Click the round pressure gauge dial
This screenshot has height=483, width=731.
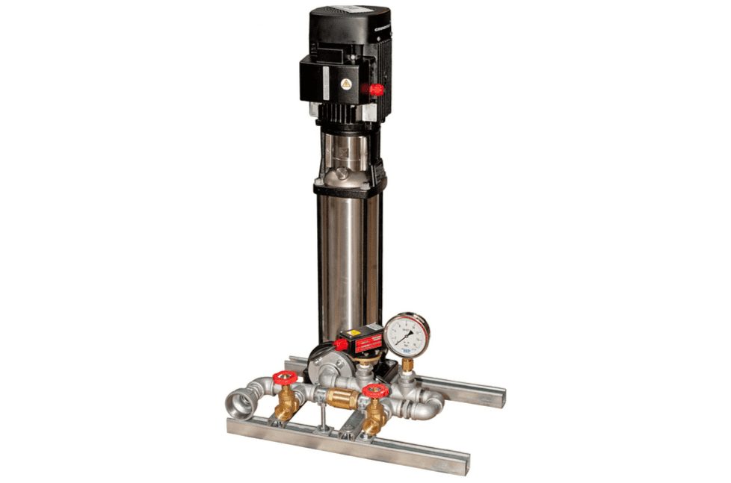tap(407, 334)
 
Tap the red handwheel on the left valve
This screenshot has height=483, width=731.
tap(285, 377)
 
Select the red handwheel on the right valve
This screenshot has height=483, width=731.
tap(375, 390)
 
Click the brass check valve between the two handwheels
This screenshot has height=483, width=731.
tap(341, 399)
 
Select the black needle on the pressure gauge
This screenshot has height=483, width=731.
tap(404, 338)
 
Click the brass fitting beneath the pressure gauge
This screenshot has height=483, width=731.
tap(407, 366)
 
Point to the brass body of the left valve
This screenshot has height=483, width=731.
tap(286, 407)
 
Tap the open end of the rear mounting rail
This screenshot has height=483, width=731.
tap(496, 396)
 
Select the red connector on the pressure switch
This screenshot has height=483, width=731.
tap(341, 345)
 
